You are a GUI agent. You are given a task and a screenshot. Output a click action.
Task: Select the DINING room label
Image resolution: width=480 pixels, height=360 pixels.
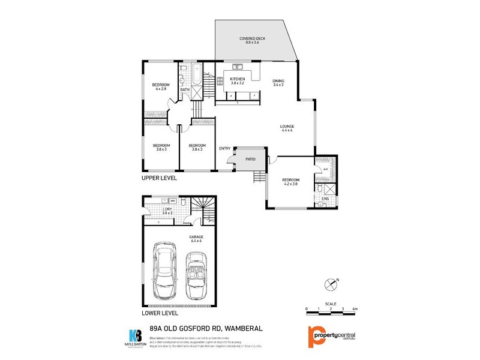[x=278, y=80]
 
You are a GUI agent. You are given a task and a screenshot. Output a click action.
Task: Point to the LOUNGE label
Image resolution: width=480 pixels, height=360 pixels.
[x=287, y=126]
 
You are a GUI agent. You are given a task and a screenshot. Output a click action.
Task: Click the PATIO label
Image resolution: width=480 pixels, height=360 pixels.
[x=250, y=159]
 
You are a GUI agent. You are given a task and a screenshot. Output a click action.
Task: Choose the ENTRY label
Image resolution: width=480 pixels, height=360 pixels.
[x=225, y=148]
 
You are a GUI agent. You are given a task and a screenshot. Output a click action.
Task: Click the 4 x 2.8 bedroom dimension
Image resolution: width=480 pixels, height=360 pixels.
[x=161, y=89]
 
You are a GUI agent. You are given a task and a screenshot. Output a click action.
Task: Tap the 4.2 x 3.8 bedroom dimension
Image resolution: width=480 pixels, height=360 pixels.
[x=290, y=184]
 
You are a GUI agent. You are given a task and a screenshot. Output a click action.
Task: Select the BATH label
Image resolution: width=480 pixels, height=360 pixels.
[x=185, y=90]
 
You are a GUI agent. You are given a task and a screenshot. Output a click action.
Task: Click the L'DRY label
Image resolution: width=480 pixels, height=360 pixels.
[x=167, y=209]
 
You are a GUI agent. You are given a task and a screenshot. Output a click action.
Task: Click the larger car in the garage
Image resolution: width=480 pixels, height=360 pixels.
[x=164, y=271]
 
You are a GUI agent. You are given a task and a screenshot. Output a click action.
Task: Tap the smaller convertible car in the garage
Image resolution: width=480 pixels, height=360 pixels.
[x=196, y=275]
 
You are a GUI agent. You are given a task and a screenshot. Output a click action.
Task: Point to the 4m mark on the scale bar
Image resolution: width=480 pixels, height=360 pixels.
[x=355, y=308]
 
